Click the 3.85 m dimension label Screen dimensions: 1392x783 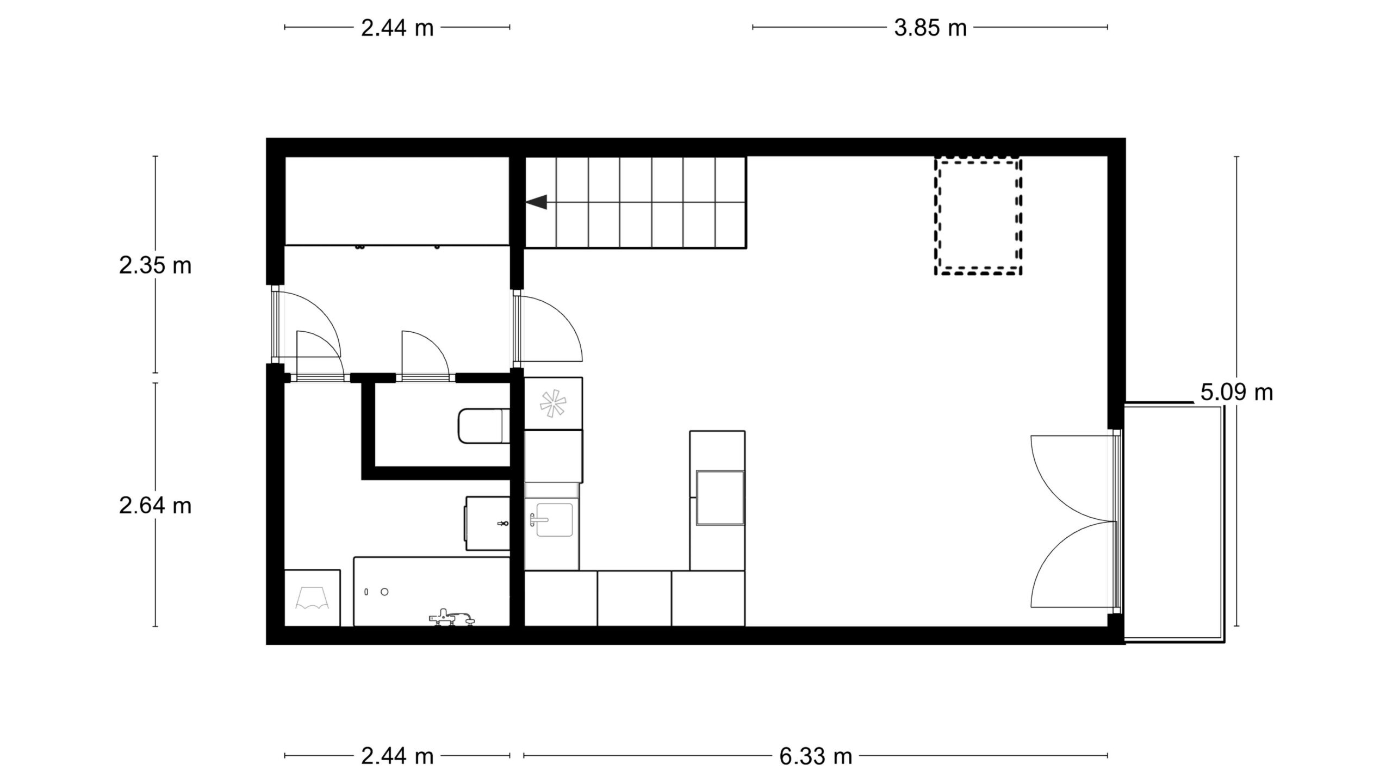click(930, 28)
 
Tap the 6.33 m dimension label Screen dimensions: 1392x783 click(815, 756)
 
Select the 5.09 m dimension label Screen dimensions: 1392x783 click(1237, 392)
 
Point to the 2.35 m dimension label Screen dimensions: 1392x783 click(156, 266)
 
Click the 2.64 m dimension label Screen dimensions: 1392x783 click(156, 506)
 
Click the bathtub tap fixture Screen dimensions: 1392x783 click(451, 617)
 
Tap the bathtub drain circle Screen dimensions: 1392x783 click(385, 592)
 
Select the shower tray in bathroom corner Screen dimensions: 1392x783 click(312, 598)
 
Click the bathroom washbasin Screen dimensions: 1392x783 click(487, 523)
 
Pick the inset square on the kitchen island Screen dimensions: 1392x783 click(720, 498)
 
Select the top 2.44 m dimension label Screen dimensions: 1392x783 click(397, 28)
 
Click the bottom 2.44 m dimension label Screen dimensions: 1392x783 click(397, 756)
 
